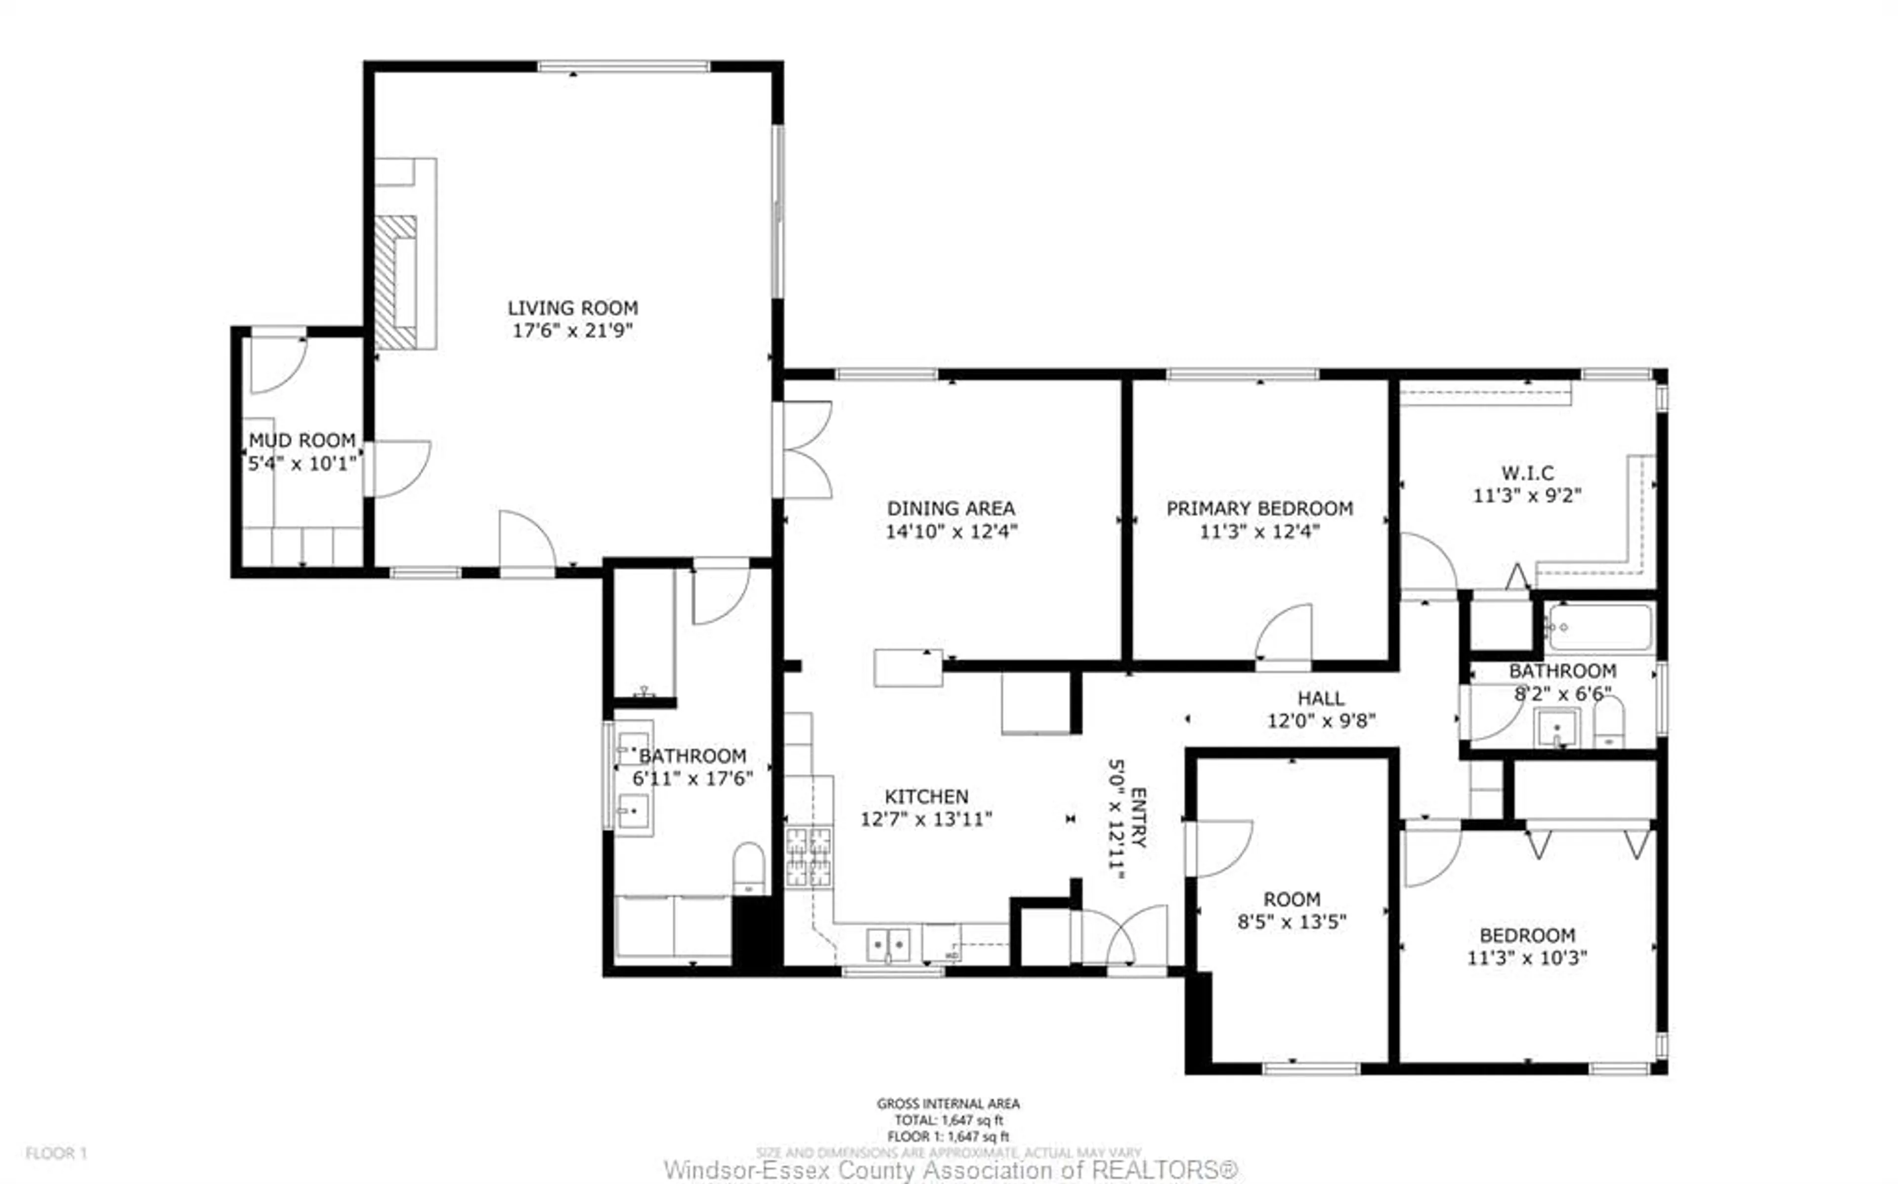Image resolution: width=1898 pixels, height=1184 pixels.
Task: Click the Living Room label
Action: pyautogui.click(x=572, y=308)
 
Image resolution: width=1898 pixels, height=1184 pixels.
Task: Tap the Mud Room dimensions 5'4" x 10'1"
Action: pyautogui.click(x=302, y=464)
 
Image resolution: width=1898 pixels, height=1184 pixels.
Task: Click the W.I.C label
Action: pyautogui.click(x=1527, y=473)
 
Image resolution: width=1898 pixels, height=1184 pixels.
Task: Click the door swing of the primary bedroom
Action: pyautogui.click(x=1284, y=634)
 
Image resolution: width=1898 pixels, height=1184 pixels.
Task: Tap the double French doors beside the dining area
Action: pyautogui.click(x=807, y=450)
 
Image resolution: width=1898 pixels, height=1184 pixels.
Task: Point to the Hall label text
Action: pyautogui.click(x=1321, y=698)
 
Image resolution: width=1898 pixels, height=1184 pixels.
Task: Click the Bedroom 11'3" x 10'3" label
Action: pyautogui.click(x=1527, y=935)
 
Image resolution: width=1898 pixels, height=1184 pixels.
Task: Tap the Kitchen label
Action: pyautogui.click(x=926, y=797)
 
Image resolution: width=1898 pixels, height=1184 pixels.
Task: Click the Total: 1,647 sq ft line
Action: pyautogui.click(x=948, y=1120)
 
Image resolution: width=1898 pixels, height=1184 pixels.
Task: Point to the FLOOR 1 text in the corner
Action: pyautogui.click(x=56, y=1153)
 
